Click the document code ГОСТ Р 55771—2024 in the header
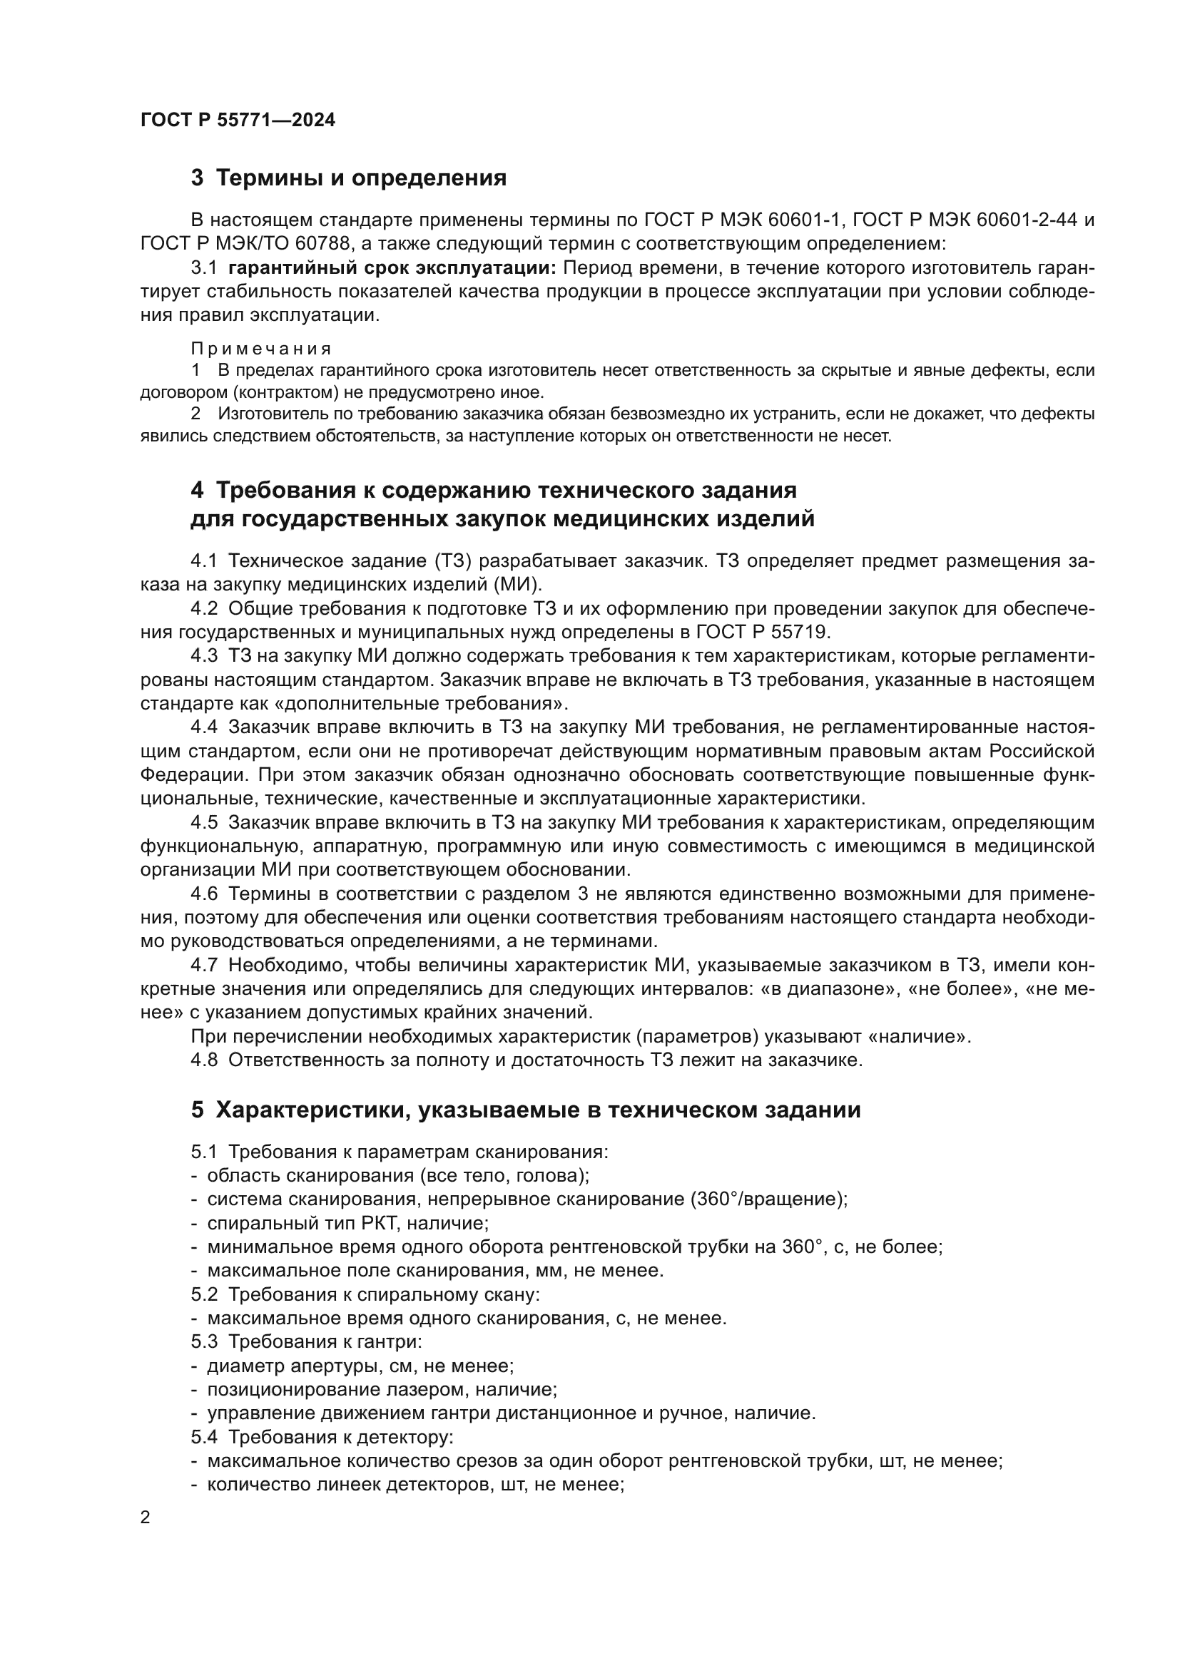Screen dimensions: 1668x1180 tap(238, 121)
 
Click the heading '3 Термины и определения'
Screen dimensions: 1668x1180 tap(349, 178)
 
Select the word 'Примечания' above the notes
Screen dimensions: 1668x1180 tap(262, 349)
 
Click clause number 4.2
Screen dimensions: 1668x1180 tap(204, 609)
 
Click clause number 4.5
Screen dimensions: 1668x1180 tap(204, 823)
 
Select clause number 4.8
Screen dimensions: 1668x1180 tap(204, 1060)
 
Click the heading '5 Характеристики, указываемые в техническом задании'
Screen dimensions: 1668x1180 tap(526, 1110)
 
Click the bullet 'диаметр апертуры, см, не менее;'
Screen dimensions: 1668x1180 tap(360, 1366)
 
